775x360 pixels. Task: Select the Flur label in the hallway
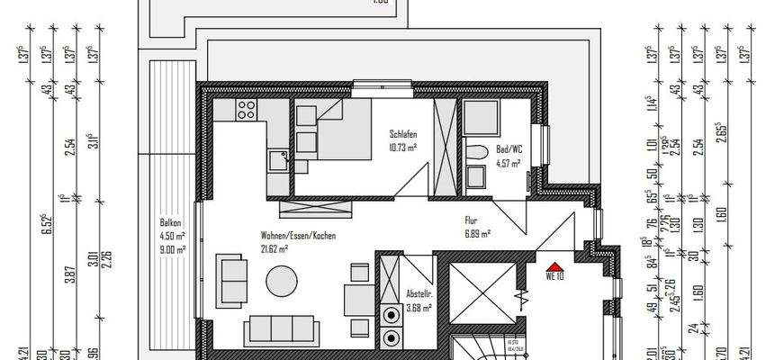[471, 218]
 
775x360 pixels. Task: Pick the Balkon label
[172, 222]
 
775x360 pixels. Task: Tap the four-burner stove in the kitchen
[246, 111]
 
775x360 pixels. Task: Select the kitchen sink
[277, 160]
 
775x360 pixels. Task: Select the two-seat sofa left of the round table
[232, 280]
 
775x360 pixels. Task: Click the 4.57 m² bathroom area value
[509, 162]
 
